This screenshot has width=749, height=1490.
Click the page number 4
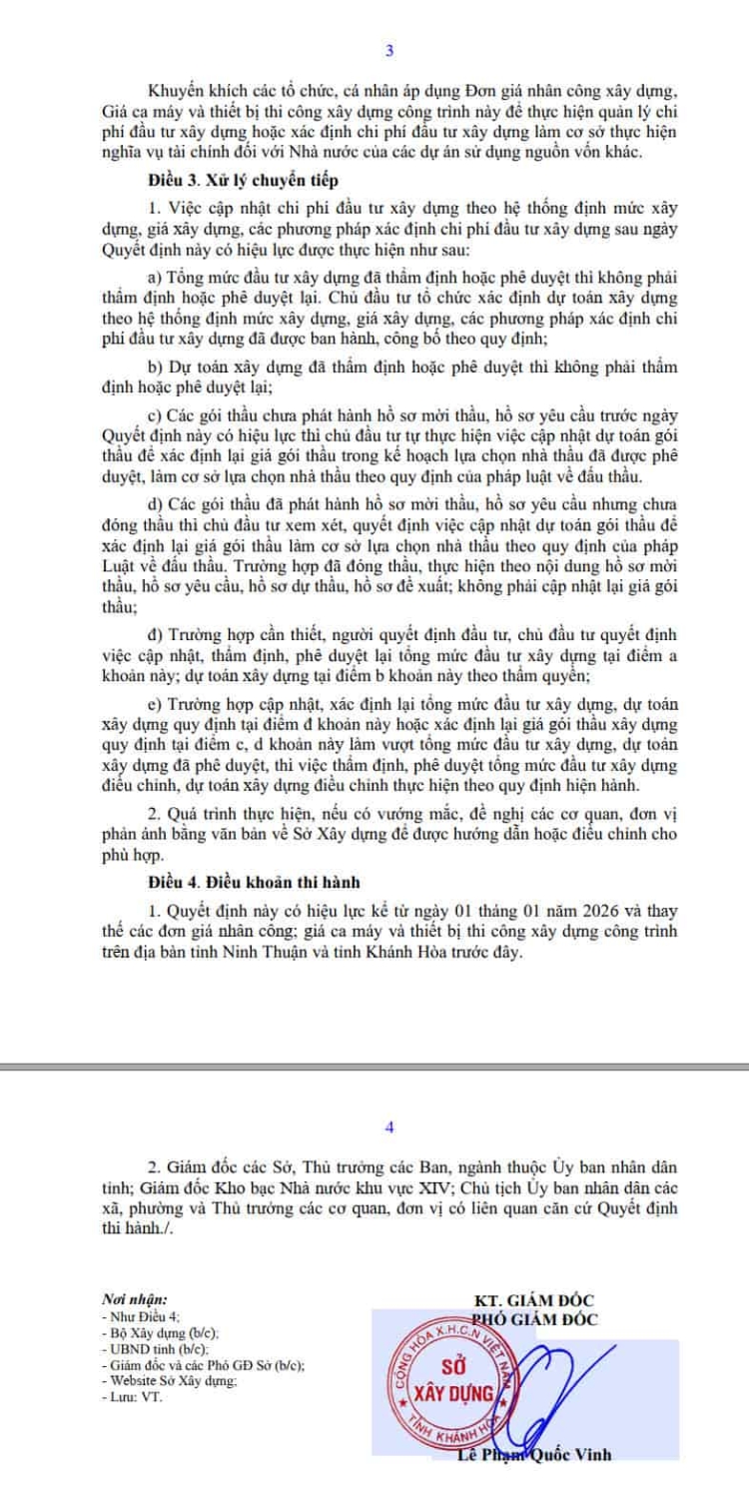(389, 1126)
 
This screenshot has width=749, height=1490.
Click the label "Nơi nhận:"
(129, 1300)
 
